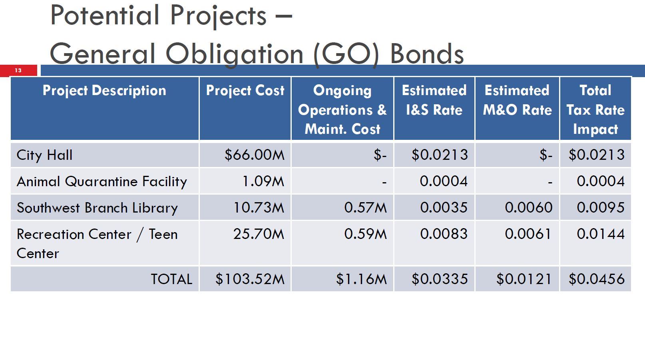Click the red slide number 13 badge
coord(18,70)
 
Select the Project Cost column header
coord(245,91)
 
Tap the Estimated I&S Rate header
coord(434,100)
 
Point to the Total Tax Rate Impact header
coord(595,109)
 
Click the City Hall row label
coord(44,155)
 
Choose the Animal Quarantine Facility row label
coord(102,182)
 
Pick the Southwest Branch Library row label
coord(97,208)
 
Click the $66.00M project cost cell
coord(254,155)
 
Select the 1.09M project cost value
coord(263,181)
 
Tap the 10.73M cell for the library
coord(259,208)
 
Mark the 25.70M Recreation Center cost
coord(259,234)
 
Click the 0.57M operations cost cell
coord(365,208)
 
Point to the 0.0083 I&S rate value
coord(444,234)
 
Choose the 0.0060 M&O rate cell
coord(528,208)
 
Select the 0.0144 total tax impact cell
coord(600,234)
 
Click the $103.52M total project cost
coord(250,279)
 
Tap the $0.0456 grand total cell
coord(596,279)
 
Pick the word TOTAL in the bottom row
coord(171,279)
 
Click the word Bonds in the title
coord(426,54)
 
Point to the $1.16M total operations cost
coord(361,279)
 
